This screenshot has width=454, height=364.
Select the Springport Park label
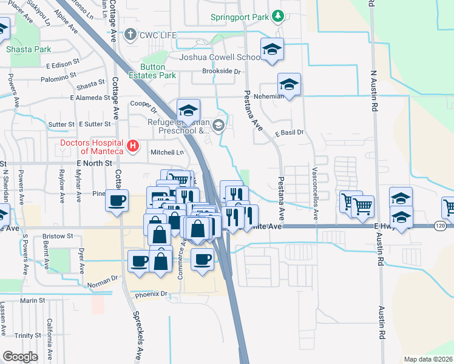point(239,17)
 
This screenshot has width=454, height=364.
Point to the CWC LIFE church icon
point(129,35)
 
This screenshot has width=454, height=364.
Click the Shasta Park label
point(28,49)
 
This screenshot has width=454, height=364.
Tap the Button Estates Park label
point(158,71)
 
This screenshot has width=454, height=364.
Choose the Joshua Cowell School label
point(220,58)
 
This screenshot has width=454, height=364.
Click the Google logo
point(20,357)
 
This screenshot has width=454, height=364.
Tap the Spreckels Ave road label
point(138,337)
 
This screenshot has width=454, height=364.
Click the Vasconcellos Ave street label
point(315,194)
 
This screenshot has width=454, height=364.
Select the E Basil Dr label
point(289,132)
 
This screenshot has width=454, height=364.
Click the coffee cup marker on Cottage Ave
point(117,200)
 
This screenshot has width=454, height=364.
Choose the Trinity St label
point(28,335)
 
